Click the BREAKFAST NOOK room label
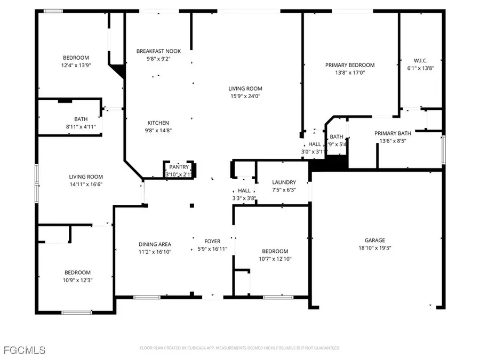pos(158,51)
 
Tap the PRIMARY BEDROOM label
pos(350,65)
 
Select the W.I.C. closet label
pos(421,61)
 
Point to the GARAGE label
pos(375,241)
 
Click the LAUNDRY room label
pos(284,182)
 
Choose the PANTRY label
pos(180,167)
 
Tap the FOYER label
pos(213,242)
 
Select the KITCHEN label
pos(158,123)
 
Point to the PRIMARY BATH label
pos(393,133)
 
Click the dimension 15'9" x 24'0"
pos(245,96)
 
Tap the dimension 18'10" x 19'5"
pos(375,248)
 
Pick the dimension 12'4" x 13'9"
pos(76,65)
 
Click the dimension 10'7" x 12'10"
pos(275,259)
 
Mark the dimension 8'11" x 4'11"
pos(81,127)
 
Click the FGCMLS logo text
pos(24,350)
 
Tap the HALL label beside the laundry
pos(244,191)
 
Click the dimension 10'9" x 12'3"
pos(77,280)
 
